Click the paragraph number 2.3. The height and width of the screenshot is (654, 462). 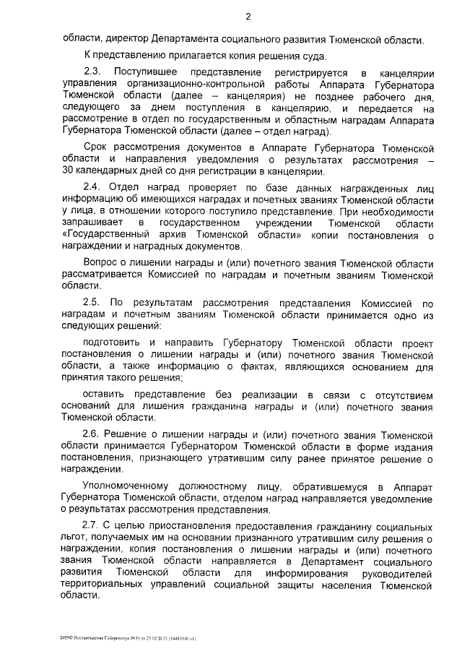[x=93, y=74]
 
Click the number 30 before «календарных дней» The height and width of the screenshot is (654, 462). [x=70, y=172]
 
